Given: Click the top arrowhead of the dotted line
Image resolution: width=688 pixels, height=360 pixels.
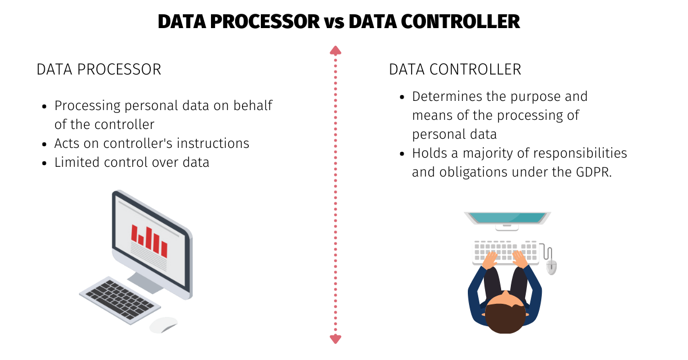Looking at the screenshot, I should coord(335,50).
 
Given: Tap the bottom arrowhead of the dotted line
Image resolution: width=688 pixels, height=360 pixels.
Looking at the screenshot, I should coord(335,339).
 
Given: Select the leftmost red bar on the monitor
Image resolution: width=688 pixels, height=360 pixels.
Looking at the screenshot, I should coord(134,232).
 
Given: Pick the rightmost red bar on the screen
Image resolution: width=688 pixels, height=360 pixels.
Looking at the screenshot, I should coord(164,249).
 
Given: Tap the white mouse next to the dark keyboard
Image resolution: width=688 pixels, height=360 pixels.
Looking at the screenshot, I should coord(163,324).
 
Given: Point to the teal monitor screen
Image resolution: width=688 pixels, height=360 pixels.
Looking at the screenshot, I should coord(507,217).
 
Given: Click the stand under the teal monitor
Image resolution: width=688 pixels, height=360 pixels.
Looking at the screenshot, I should coord(507,228).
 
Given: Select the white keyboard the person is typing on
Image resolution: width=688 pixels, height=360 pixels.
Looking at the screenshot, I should coord(505,251).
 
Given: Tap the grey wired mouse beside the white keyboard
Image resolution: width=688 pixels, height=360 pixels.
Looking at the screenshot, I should coord(551,267).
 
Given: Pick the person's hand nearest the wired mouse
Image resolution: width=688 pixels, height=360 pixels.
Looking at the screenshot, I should coord(519,259).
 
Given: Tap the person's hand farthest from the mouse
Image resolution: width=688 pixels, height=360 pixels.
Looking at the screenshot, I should coord(490,260).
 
